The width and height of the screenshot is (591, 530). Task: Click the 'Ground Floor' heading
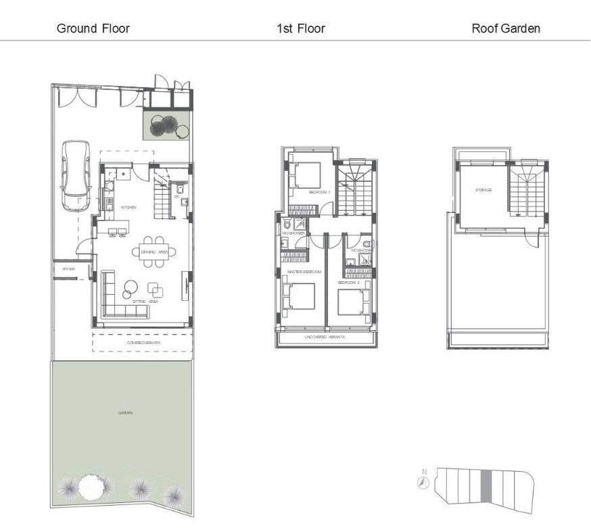[x=93, y=28]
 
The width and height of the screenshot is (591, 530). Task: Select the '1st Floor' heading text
[x=300, y=28]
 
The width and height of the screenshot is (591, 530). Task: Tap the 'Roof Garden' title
[x=506, y=28]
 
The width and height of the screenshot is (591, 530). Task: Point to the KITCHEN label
[x=128, y=208]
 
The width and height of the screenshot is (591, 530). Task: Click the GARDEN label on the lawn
[x=125, y=412]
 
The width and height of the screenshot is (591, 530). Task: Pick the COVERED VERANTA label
[x=142, y=343]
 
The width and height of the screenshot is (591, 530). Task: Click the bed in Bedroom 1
[x=308, y=176]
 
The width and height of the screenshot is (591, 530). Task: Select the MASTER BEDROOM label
[x=305, y=271]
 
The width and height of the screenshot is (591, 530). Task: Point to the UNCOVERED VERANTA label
[x=326, y=336]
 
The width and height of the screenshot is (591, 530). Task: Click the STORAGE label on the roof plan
[x=483, y=190]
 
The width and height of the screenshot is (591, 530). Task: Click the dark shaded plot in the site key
[x=486, y=485]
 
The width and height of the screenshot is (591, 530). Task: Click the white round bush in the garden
[x=90, y=486]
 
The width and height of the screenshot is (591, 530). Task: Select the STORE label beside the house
[x=68, y=269]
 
